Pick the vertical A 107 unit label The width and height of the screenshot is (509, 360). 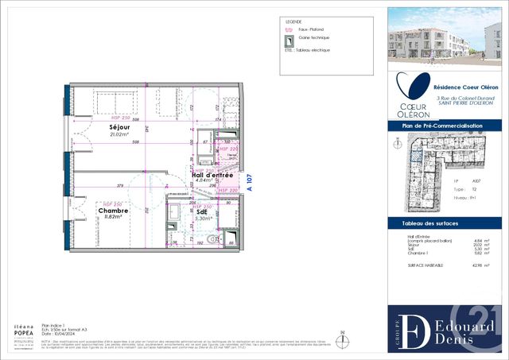point(249,184)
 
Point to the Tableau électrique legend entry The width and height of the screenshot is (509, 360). point(311,49)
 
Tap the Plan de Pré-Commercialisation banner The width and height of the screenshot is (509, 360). point(446,126)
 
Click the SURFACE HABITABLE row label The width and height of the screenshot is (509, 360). point(425,264)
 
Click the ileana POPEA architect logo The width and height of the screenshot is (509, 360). point(23,332)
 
